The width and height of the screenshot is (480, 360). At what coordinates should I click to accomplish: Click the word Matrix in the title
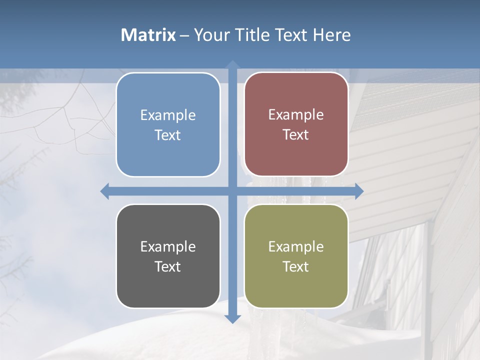148,35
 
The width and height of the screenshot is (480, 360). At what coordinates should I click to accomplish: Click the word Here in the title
332,35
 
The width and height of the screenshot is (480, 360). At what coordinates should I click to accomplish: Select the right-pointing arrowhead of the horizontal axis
358,191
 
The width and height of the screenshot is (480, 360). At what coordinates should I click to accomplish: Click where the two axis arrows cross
232,191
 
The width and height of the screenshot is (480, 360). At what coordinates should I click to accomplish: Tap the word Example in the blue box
168,115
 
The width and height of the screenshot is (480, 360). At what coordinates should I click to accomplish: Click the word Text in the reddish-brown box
296,135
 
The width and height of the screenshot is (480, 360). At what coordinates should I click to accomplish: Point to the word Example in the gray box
168,247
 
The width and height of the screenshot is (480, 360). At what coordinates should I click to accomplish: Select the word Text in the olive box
296,266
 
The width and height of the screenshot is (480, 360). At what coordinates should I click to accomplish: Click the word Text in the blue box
168,135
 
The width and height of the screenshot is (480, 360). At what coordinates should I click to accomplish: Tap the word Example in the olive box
296,247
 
